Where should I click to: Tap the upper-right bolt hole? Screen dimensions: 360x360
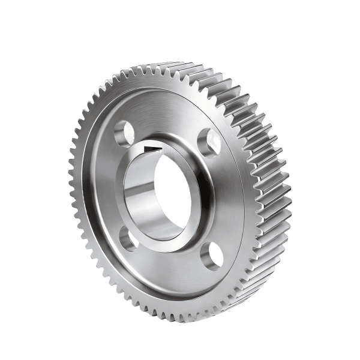pyautogui.click(x=208, y=139)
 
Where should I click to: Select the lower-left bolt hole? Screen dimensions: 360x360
pyautogui.click(x=128, y=238)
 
